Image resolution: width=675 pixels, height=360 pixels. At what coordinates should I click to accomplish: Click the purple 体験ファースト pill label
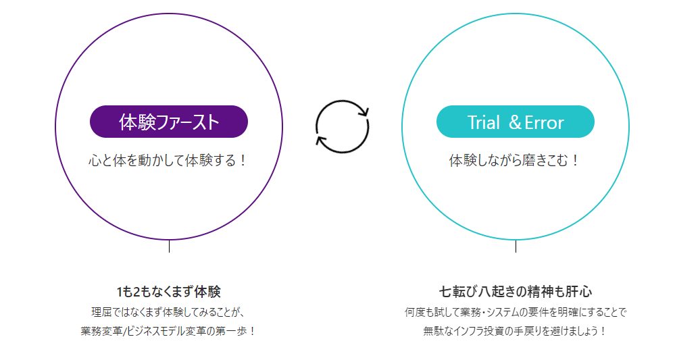[169, 122]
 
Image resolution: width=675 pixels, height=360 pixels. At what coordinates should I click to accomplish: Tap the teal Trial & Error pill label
[516, 122]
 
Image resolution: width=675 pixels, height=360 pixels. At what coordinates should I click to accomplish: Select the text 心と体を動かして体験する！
[169, 161]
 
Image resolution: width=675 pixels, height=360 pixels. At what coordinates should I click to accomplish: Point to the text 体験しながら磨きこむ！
[515, 161]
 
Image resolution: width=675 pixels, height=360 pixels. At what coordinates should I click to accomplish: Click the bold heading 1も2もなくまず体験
[169, 292]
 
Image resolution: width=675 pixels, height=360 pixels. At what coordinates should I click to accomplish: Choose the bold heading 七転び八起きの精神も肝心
[516, 292]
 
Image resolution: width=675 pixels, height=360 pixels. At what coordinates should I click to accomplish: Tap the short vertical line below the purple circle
[169, 246]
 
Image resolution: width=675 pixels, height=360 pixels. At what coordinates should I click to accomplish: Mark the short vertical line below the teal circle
[516, 246]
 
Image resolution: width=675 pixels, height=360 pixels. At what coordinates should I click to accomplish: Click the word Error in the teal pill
[545, 122]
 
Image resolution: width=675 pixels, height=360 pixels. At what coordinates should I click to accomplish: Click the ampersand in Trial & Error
[514, 122]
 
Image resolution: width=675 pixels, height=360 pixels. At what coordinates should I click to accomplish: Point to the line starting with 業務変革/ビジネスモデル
[168, 332]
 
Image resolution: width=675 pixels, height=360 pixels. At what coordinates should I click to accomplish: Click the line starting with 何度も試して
[516, 312]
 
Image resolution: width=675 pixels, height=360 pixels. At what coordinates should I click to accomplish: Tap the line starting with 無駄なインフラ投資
[516, 332]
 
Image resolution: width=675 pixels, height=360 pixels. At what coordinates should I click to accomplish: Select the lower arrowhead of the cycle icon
[320, 140]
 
